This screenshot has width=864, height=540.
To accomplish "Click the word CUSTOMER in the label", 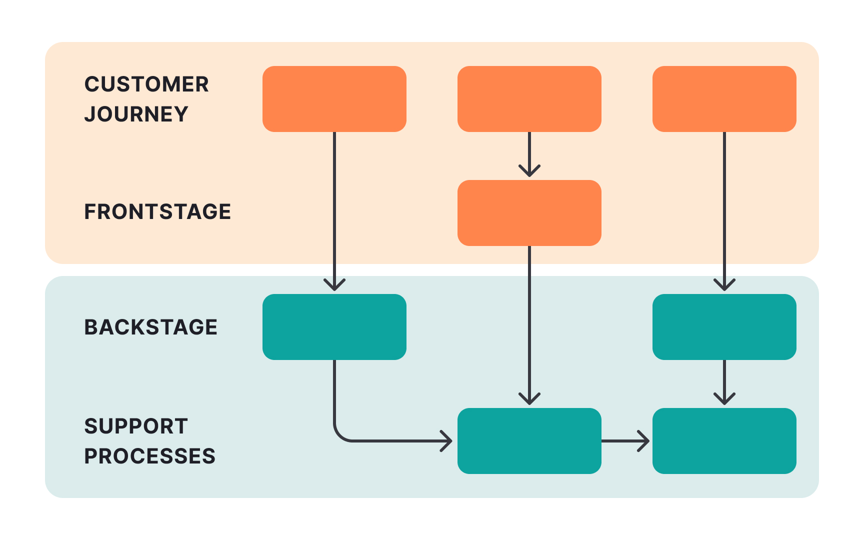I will [146, 84].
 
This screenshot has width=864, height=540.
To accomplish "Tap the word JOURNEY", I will [136, 114].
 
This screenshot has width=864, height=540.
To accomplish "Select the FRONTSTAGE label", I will [157, 211].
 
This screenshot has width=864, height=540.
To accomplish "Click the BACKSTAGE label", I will [150, 327].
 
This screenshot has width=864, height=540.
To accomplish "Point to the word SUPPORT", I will [136, 426].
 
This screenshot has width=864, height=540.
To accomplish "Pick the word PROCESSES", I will [149, 456].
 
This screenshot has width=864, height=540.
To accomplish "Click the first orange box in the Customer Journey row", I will [334, 99].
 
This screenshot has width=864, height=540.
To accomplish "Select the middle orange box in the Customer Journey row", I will [529, 99].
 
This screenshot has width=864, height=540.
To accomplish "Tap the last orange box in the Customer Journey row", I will [724, 99].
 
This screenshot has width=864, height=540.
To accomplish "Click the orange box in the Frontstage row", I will [529, 213].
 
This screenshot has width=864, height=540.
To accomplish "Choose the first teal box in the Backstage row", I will [334, 327].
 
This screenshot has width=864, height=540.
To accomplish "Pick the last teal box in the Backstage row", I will [724, 327].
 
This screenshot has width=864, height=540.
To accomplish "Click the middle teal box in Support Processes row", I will [529, 441].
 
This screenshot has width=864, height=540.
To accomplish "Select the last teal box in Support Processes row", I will [724, 441].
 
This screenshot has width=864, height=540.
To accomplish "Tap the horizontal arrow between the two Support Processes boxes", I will [625, 441].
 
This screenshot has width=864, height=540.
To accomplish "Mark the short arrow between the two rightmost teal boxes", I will [724, 382].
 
